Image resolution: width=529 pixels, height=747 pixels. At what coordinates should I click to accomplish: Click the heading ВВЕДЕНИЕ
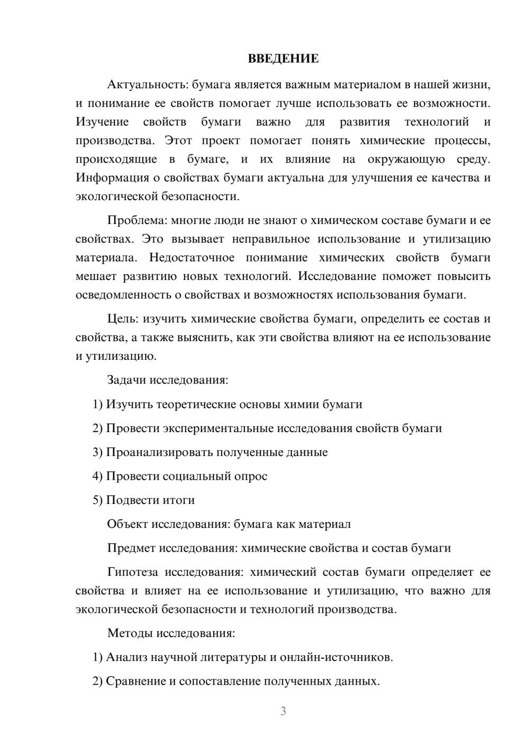(283, 59)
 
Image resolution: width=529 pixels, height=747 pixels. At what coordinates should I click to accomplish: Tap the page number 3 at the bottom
(283, 711)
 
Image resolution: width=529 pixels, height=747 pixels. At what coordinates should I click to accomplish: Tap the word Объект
(127, 524)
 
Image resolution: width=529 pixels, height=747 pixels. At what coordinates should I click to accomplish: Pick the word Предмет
(131, 548)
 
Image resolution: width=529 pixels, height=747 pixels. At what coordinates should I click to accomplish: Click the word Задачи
(126, 380)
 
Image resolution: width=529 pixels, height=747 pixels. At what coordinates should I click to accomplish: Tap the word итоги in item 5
(179, 500)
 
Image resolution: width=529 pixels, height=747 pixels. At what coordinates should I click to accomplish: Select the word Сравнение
(135, 681)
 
